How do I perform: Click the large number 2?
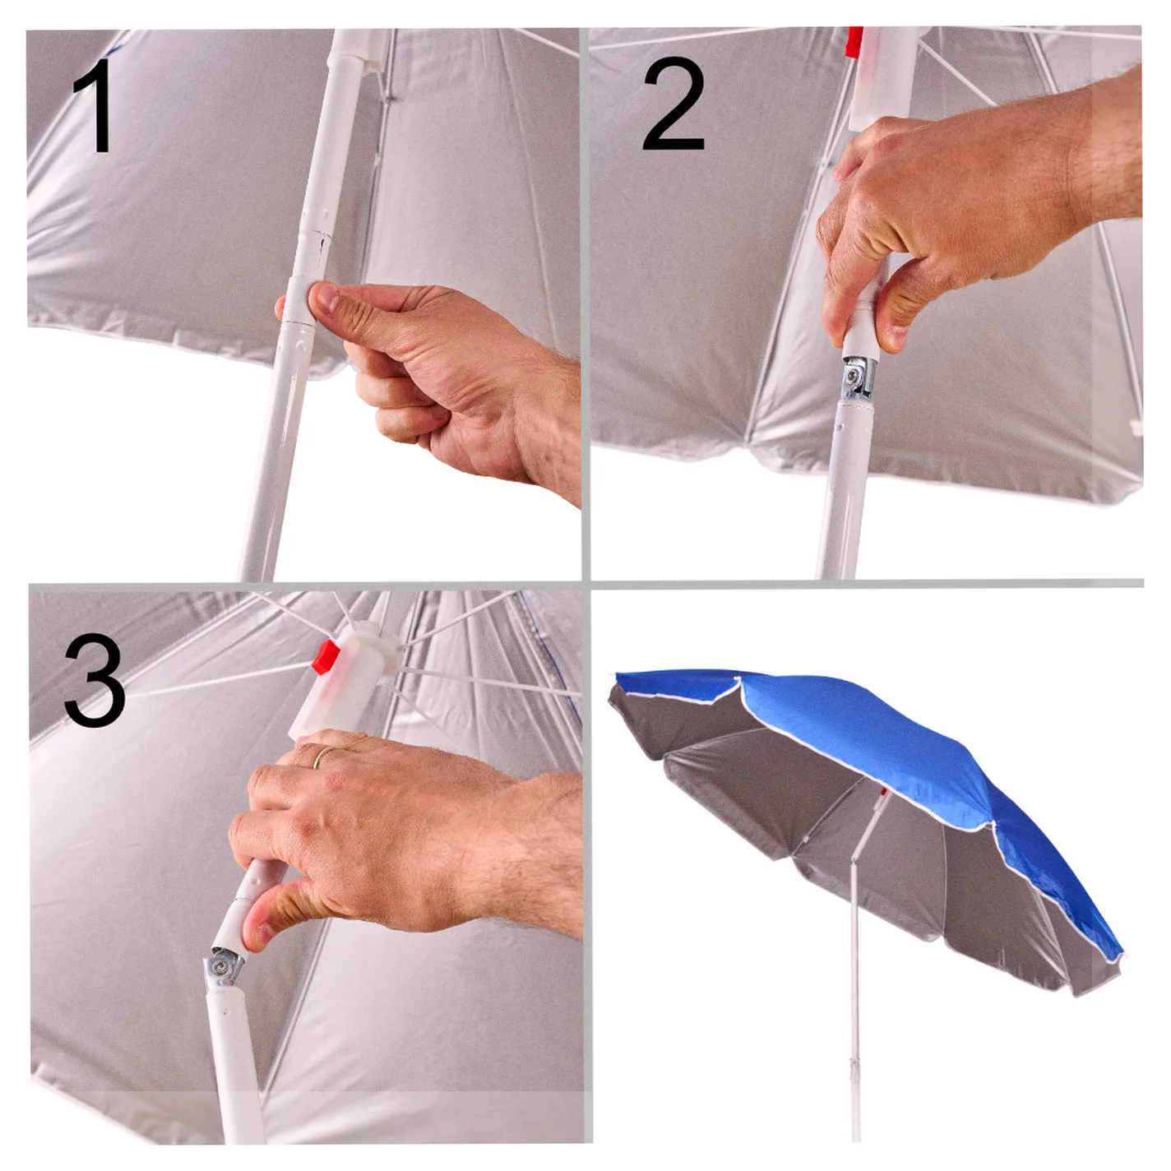673,104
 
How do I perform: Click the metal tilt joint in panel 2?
858,377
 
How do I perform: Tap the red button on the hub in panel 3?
326,657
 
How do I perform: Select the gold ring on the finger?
324,756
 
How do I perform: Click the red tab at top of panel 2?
855,43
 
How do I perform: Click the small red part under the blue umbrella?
883,791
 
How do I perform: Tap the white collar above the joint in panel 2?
863,340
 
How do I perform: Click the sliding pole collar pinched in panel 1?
299,302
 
